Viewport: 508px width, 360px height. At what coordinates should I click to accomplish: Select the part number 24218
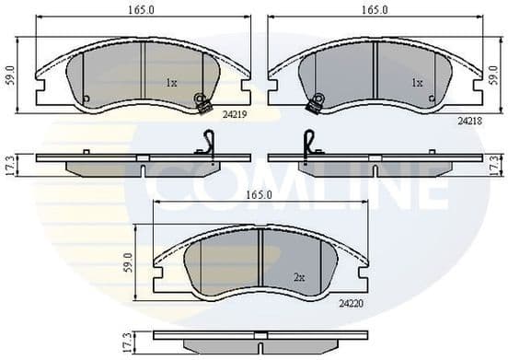point(469,120)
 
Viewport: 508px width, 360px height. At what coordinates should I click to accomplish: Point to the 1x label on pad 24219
point(170,83)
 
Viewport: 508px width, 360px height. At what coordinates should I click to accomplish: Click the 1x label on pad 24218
point(416,83)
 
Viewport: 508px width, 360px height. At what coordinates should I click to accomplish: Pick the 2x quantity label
point(299,276)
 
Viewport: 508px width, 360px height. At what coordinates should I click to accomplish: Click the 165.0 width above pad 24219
point(142,10)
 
